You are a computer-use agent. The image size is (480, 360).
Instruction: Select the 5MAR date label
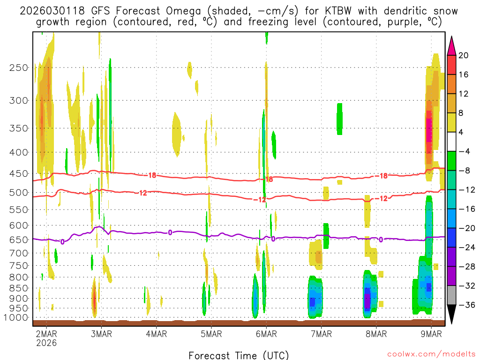(211, 334)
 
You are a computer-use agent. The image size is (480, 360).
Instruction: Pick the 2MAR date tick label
(46, 334)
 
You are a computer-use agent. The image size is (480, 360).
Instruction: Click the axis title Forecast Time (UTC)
(239, 355)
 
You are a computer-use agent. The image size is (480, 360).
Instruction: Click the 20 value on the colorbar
(464, 55)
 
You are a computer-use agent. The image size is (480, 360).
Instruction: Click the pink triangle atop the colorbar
(452, 45)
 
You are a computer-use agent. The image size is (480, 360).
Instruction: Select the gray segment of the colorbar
(452, 295)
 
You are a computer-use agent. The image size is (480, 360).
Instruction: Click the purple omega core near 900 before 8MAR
(367, 298)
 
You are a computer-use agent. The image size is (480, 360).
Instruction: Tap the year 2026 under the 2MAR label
(46, 343)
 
